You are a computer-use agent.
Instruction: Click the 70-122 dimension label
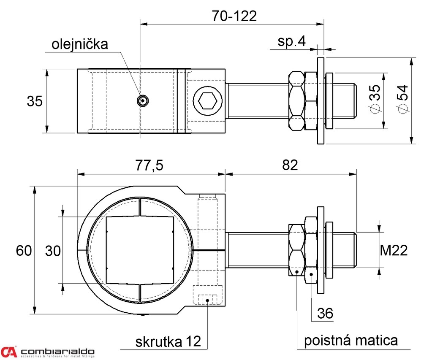coord(234,16)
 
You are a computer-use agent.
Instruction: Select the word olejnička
coord(80,44)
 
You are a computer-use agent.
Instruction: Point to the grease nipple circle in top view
coord(143,100)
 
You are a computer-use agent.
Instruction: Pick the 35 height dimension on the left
coord(34,101)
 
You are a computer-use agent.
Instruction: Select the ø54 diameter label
coord(402,99)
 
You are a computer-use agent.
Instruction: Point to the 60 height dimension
coord(24,251)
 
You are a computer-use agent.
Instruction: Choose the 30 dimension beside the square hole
coord(53,251)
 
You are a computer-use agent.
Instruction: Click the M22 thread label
coord(394,251)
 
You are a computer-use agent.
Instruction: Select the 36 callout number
coord(325,314)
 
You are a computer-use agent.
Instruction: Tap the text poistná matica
coord(350,340)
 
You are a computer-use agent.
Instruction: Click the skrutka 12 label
coord(168,341)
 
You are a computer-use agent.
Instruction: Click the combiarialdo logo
coord(47,352)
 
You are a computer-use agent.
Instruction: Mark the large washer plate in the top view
coord(321,101)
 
